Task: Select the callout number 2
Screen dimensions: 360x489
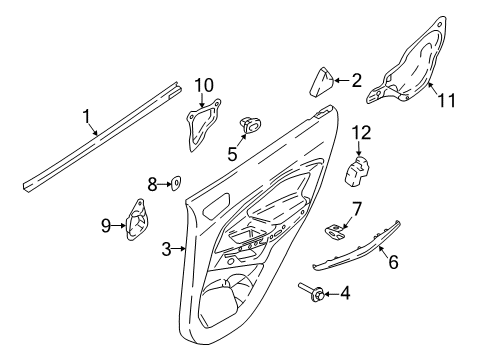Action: click(355, 80)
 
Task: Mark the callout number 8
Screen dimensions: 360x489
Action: click(153, 184)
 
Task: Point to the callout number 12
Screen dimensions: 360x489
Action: click(362, 131)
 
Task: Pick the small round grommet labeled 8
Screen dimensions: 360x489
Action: click(173, 183)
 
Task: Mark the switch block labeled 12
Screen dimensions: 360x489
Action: click(359, 170)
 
